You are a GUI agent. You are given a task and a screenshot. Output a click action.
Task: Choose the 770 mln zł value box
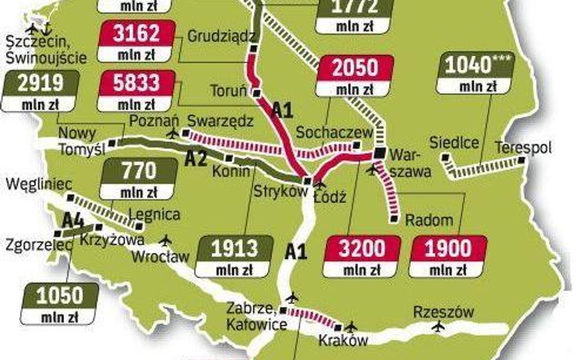(139, 179)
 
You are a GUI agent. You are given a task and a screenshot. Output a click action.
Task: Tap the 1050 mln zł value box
(58, 304)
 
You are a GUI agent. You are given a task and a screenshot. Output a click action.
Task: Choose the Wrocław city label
(160, 256)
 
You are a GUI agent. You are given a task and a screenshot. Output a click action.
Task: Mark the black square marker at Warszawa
(380, 152)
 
